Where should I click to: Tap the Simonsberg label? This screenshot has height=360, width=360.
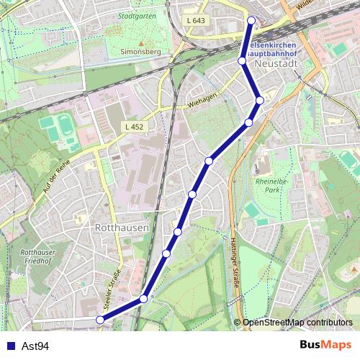pyautogui.click(x=139, y=53)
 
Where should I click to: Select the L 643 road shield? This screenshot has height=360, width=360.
pyautogui.click(x=194, y=20)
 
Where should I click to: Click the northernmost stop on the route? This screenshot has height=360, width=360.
pyautogui.click(x=251, y=20)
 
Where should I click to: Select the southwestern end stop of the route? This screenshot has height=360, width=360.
pyautogui.click(x=99, y=320)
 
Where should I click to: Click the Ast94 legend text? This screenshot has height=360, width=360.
pyautogui.click(x=35, y=346)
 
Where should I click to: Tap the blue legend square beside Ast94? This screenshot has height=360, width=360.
pyautogui.click(x=11, y=346)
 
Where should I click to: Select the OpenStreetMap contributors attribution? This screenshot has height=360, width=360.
pyautogui.click(x=297, y=323)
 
